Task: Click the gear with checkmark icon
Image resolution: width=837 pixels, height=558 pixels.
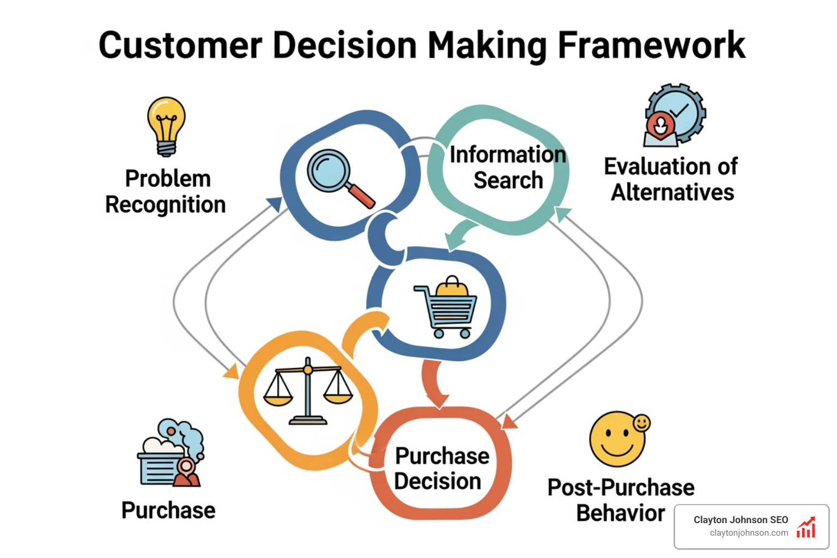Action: click(675, 115)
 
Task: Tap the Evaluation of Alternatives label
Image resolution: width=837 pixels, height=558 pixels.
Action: click(671, 179)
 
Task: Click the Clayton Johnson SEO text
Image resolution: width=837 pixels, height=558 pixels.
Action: click(741, 520)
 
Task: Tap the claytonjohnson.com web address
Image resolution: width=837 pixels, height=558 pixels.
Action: click(749, 533)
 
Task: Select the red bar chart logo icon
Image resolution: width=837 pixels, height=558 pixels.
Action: click(806, 527)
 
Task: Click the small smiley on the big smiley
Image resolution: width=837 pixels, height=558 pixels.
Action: click(641, 423)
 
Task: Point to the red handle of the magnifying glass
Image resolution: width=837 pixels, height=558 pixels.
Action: click(362, 197)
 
